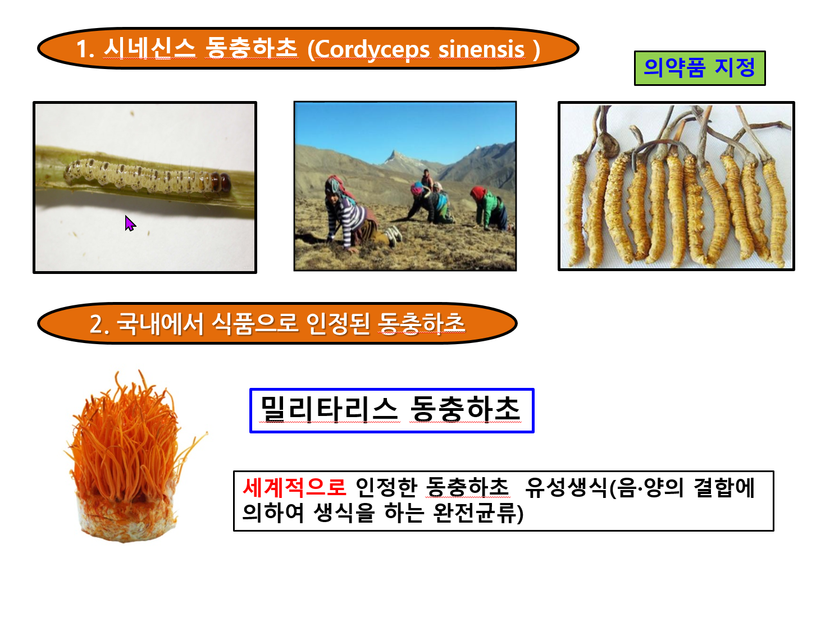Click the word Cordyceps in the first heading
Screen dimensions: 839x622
coord(372,49)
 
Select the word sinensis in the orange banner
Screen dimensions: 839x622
coord(481,49)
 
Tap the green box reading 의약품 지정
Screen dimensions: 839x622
coord(699,68)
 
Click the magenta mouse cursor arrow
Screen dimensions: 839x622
coord(130,223)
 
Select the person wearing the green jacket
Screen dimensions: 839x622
coord(490,208)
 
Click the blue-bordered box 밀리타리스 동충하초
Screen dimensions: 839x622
coord(391,410)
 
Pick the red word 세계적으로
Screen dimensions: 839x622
coord(294,487)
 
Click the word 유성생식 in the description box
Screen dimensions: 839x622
coord(566,487)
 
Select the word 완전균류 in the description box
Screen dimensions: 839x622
coord(475,513)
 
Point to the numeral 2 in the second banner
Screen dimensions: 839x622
coord(96,324)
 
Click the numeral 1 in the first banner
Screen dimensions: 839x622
coord(83,49)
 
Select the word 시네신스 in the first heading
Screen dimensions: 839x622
coord(149,49)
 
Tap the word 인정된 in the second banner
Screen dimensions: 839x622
coord(338,324)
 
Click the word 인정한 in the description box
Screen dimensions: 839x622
coord(386,487)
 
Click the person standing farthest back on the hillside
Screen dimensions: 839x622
coord(427,178)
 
